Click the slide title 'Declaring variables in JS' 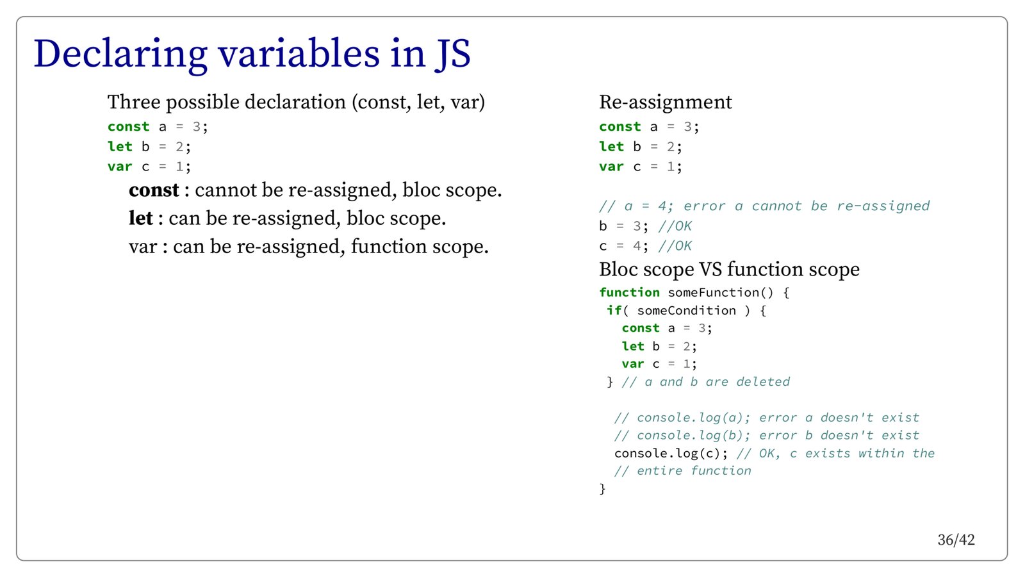(x=252, y=54)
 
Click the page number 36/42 (x=956, y=540)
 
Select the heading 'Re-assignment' (x=666, y=102)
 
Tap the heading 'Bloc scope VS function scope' (x=730, y=270)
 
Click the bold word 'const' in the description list (x=154, y=190)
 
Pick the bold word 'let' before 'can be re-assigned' (x=140, y=219)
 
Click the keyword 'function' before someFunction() (x=629, y=292)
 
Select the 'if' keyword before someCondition (x=614, y=310)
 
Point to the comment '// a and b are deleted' (x=705, y=382)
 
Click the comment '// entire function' (x=683, y=471)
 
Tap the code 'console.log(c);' (x=671, y=454)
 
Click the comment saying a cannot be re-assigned (x=765, y=206)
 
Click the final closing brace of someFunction (x=603, y=489)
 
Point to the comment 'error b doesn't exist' (x=839, y=435)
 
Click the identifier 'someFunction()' (x=721, y=292)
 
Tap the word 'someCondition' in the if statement (x=686, y=310)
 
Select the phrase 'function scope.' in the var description (x=420, y=247)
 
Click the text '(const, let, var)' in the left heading (x=418, y=103)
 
